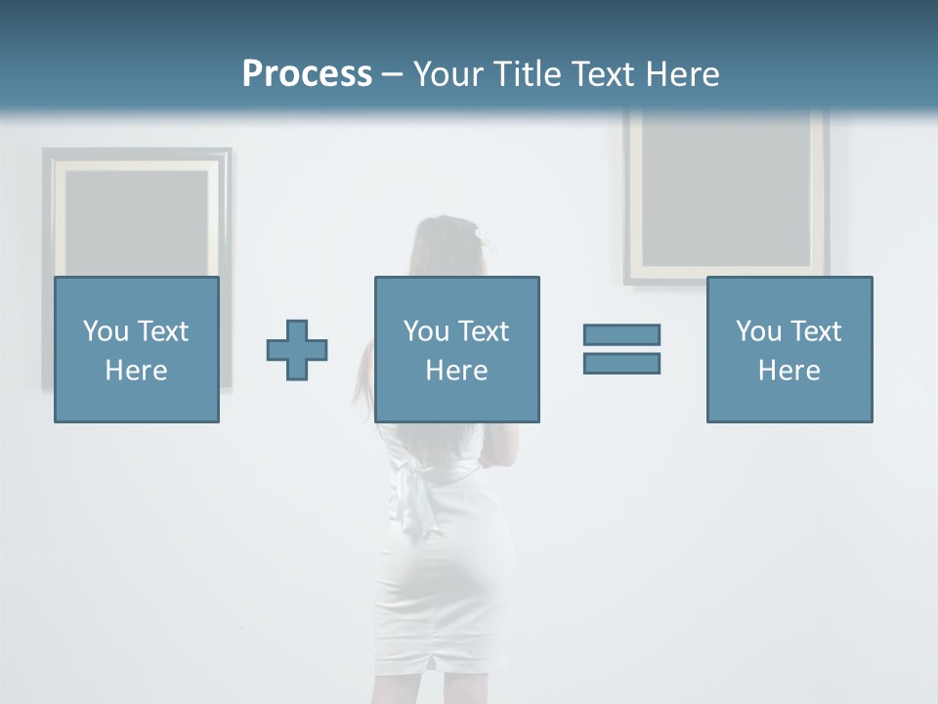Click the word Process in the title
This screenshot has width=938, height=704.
307,74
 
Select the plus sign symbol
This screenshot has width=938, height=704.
297,350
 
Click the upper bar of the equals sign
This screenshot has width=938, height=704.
621,334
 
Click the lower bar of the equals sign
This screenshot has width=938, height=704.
621,363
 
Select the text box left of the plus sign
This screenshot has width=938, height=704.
137,349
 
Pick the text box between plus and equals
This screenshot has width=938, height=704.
456,349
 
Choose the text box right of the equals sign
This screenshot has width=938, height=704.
789,349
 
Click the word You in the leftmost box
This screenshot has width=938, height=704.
106,331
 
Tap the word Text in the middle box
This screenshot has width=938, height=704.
484,331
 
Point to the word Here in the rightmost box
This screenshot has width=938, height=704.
789,371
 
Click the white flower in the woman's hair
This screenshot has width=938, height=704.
480,234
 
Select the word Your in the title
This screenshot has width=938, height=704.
448,74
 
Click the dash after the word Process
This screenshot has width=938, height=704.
393,74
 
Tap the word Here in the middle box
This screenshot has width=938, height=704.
456,371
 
